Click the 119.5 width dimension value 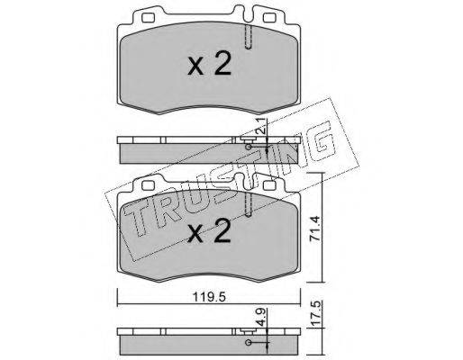point(209,297)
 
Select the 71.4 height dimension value point(315,228)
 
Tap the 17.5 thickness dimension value point(315,314)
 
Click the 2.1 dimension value point(261,127)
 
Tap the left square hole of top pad point(148,18)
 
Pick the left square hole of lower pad point(148,185)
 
